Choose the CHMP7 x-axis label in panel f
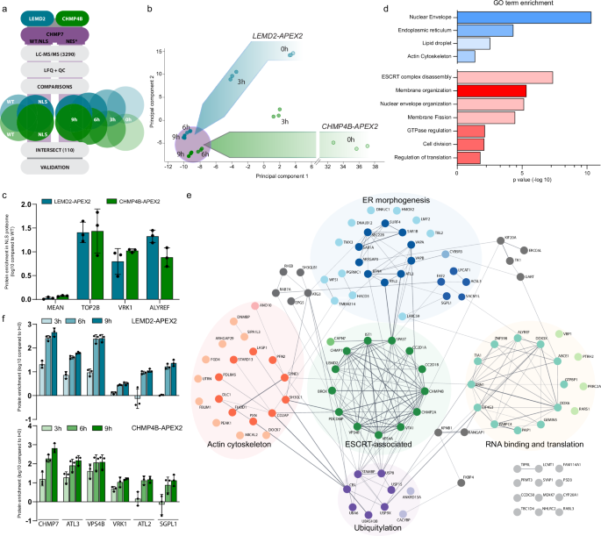coord(40,525)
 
